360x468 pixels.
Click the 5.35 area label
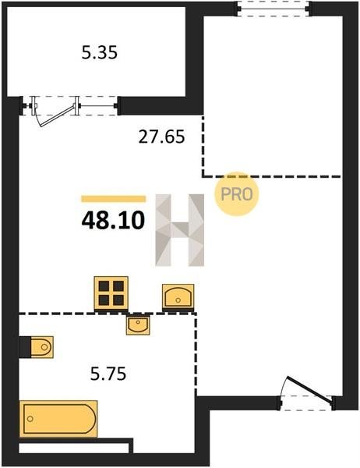coord(100,52)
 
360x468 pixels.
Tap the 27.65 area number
coord(161,137)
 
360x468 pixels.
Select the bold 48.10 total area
coord(113,221)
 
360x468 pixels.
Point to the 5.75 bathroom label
coord(108,374)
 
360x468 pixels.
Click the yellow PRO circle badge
coord(237,194)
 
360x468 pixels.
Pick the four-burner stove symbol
coord(111,294)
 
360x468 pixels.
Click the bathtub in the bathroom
coord(58,418)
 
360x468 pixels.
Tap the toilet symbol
coord(42,347)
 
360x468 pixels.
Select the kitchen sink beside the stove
coord(178,296)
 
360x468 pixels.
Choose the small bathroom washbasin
coord(138,324)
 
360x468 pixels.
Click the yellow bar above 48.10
coord(113,199)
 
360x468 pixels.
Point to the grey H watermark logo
coord(180,230)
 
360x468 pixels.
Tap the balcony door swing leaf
coord(57,116)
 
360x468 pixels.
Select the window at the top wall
coord(274,9)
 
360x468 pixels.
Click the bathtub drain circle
coord(30,419)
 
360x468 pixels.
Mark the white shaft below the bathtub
coord(74,448)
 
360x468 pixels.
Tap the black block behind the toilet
coord(25,347)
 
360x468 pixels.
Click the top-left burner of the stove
coord(104,286)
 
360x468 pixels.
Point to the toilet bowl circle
coord(44,347)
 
